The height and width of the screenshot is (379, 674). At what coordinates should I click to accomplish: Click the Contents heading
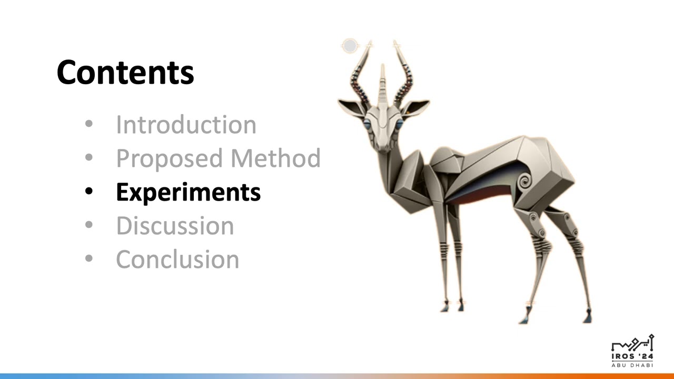(125, 73)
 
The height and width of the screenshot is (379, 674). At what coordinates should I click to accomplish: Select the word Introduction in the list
(186, 125)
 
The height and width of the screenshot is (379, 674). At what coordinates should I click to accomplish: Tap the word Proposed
(169, 159)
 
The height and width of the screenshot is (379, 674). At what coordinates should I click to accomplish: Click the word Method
(275, 158)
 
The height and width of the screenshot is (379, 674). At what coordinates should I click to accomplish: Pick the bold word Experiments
(189, 193)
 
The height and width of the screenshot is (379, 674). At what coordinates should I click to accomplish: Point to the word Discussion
(175, 226)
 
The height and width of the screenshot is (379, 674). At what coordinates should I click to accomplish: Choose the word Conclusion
(177, 260)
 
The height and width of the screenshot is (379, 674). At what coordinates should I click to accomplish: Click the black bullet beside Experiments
(89, 191)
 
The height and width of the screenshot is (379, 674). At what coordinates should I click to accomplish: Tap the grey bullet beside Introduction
(89, 123)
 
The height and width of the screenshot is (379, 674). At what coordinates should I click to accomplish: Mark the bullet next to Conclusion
(89, 258)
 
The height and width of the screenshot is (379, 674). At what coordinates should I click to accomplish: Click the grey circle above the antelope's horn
(350, 45)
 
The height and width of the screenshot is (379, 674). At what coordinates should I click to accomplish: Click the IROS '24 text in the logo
(632, 356)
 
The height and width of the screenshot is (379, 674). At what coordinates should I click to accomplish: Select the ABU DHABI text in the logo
(632, 365)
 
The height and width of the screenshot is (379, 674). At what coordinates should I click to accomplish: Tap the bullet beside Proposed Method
(89, 157)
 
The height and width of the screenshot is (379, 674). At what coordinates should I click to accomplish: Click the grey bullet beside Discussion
(89, 224)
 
